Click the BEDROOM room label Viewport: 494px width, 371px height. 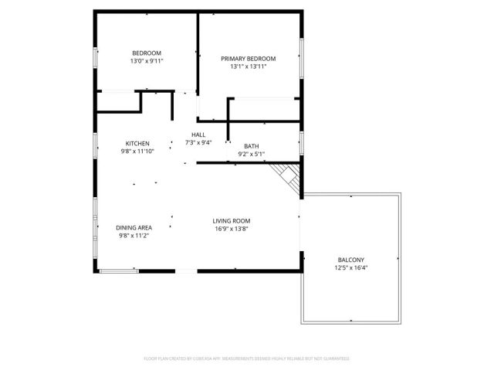click(146, 53)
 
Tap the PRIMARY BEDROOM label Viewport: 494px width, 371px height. click(248, 59)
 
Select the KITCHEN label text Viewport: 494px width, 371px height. click(137, 143)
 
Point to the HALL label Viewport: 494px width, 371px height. click(198, 134)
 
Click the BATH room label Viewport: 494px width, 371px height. click(251, 146)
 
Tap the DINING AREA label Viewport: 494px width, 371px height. click(134, 227)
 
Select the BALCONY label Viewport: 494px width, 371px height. click(351, 260)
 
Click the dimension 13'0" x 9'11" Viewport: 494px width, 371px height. click(146, 60)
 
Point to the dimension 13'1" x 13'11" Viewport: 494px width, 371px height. click(248, 66)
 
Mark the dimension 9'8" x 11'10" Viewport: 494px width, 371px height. click(137, 151)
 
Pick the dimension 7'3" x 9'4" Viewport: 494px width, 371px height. click(198, 142)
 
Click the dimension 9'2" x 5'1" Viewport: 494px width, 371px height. click(251, 154)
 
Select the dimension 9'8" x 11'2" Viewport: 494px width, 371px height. click(134, 235)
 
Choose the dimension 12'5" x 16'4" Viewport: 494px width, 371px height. click(351, 267)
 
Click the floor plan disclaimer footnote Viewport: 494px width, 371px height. click(247, 359)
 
